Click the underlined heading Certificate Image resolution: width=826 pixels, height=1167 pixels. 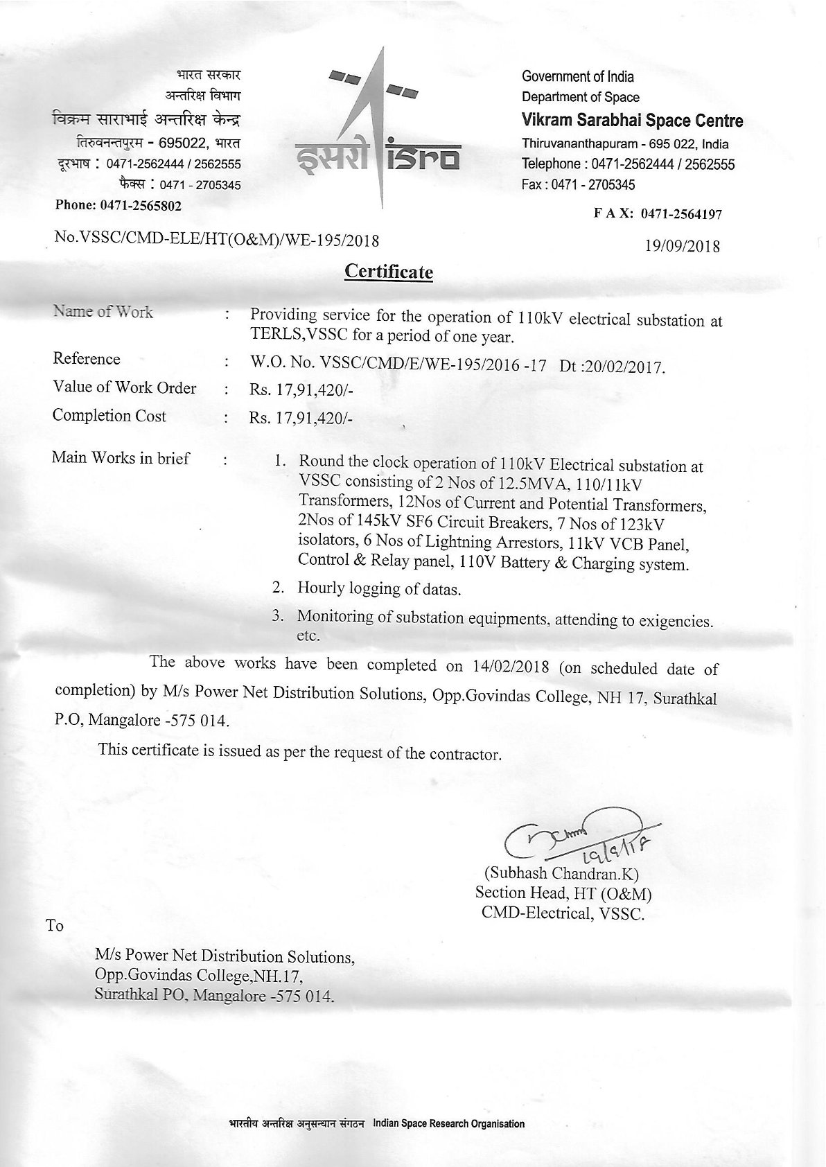click(x=389, y=271)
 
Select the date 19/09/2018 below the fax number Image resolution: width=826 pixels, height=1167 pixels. click(x=682, y=246)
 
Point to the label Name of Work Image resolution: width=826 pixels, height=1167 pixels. click(x=103, y=312)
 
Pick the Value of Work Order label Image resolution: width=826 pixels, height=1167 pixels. click(x=124, y=388)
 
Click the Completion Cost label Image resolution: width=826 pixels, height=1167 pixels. click(x=109, y=416)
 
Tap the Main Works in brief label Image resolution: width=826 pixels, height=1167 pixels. click(x=121, y=458)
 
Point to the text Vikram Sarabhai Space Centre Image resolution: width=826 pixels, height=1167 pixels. click(x=632, y=121)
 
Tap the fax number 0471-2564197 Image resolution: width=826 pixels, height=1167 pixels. click(x=682, y=215)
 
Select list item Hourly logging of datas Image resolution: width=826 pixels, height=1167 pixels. click(x=379, y=589)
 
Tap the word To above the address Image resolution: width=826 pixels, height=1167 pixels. click(x=55, y=926)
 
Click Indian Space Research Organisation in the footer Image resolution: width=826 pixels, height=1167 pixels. click(x=448, y=1124)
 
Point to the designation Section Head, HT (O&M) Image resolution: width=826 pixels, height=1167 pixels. click(x=563, y=893)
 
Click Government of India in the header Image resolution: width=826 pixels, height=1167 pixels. click(x=578, y=77)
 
